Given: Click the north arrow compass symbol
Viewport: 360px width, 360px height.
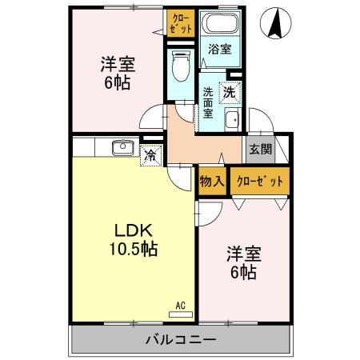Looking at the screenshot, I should [275, 24].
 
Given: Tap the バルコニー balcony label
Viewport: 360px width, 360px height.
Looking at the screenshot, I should [180, 339].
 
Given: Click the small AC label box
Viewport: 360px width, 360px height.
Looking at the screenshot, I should [182, 305].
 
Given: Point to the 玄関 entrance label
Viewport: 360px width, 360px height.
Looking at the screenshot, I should [259, 149].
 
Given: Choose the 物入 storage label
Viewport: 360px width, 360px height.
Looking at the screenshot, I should [211, 182].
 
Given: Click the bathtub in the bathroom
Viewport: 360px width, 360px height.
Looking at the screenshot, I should [218, 24].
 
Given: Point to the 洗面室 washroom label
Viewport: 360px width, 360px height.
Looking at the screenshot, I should [208, 102].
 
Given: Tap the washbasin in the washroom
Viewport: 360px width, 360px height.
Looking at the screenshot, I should [233, 122].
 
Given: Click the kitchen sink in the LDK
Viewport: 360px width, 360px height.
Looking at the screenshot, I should [123, 147].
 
